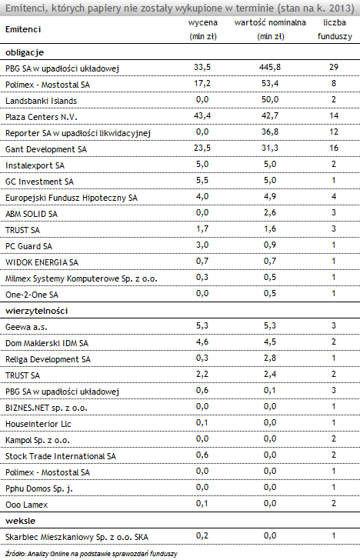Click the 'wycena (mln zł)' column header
click(x=202, y=29)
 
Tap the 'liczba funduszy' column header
click(x=335, y=29)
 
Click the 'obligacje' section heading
click(x=25, y=52)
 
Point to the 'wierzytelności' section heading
click(x=36, y=311)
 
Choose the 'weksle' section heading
click(x=20, y=521)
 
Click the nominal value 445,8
click(x=270, y=67)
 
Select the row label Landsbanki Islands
click(x=41, y=101)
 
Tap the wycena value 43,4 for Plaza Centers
click(x=202, y=115)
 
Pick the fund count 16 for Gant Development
click(x=334, y=148)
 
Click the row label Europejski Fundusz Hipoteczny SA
click(x=72, y=198)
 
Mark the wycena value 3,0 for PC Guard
click(x=202, y=245)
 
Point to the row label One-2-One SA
click(x=32, y=295)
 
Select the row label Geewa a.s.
click(x=26, y=327)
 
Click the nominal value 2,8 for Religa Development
click(x=270, y=358)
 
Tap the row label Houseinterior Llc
click(x=38, y=424)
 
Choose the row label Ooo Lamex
click(x=26, y=505)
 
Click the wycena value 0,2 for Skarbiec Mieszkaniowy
click(x=202, y=535)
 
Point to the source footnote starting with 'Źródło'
click(x=92, y=554)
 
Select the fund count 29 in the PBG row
click(x=334, y=67)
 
